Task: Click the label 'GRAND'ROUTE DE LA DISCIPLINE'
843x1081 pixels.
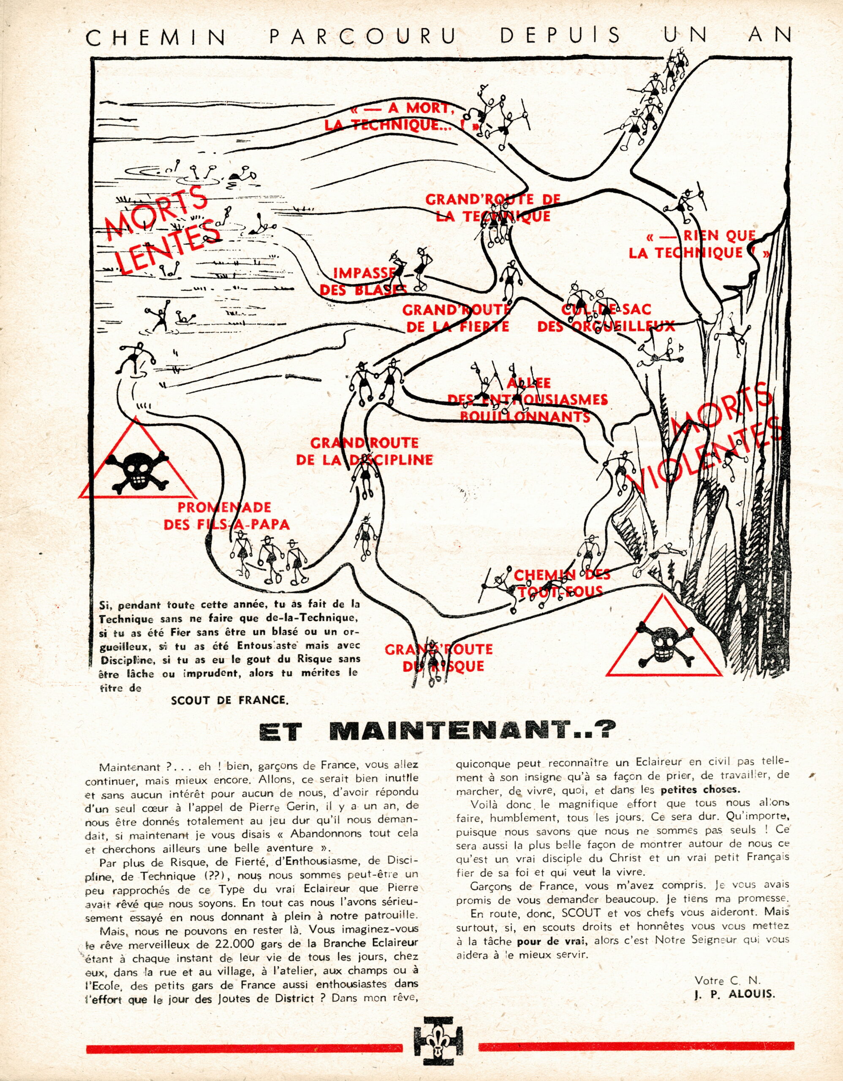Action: tap(364, 451)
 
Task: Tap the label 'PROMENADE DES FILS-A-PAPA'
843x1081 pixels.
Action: tap(226, 516)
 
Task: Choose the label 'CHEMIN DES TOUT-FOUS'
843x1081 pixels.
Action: tap(561, 583)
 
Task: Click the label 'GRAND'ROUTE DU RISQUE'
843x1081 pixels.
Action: tap(438, 657)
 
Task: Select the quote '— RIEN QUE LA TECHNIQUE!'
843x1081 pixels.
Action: tap(699, 244)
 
